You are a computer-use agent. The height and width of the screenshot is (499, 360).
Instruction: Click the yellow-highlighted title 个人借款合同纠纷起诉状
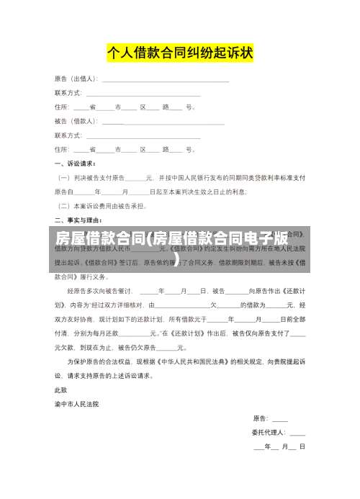coord(180,53)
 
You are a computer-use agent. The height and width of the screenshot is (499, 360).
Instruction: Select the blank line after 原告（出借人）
coord(166,79)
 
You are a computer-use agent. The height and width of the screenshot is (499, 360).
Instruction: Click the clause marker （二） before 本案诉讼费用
coord(63,205)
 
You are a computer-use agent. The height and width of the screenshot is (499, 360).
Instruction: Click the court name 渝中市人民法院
coord(77,404)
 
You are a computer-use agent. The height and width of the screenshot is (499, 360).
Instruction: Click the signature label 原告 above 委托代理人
coord(260,418)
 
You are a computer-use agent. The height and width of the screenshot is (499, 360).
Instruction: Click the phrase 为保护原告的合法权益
coord(102,361)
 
